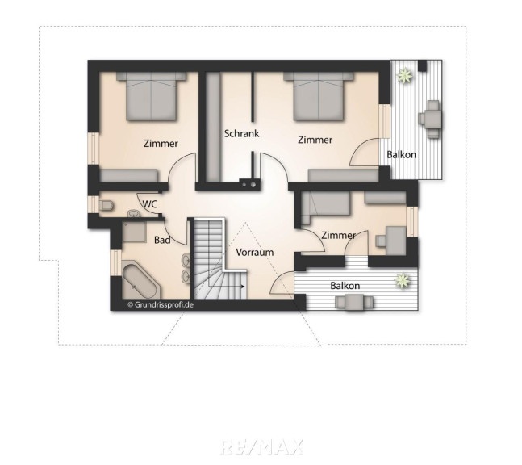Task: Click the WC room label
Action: pos(150,204)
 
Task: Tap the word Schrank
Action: pos(241,133)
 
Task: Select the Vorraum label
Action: pos(255,252)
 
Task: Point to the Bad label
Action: pos(162,240)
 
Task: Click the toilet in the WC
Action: pos(106,206)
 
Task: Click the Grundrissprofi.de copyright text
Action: pos(161,304)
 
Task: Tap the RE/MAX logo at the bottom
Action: pos(261,446)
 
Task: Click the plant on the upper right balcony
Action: pos(404,76)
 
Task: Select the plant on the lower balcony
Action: pos(402,281)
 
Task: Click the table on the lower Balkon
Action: pos(354,303)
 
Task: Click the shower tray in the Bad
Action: pos(134,232)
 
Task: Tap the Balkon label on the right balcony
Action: pos(402,154)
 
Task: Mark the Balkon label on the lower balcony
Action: pos(345,286)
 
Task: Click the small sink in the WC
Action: pos(134,213)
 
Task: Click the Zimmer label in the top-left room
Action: pos(161,144)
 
